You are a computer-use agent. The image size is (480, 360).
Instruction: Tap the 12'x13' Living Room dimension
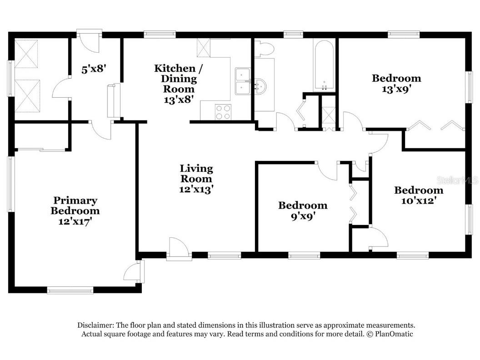tap(196, 190)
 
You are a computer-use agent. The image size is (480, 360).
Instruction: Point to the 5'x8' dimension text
tap(94, 69)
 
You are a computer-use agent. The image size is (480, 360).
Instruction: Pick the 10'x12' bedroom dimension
tap(419, 201)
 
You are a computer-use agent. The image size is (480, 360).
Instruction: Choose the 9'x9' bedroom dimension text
tap(303, 216)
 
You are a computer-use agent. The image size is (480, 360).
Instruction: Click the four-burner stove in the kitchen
tap(223, 112)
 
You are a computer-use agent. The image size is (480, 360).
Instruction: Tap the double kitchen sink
tap(243, 81)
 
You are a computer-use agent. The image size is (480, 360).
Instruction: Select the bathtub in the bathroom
tap(324, 65)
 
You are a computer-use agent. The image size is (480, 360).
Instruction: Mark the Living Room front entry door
tap(179, 249)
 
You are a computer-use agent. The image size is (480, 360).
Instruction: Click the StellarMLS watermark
tap(457, 180)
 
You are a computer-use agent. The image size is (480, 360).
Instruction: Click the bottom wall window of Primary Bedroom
tap(70, 290)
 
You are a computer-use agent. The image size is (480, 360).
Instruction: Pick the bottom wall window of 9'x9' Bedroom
tap(304, 255)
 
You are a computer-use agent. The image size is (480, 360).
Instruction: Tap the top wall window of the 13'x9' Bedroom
tap(404, 34)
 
